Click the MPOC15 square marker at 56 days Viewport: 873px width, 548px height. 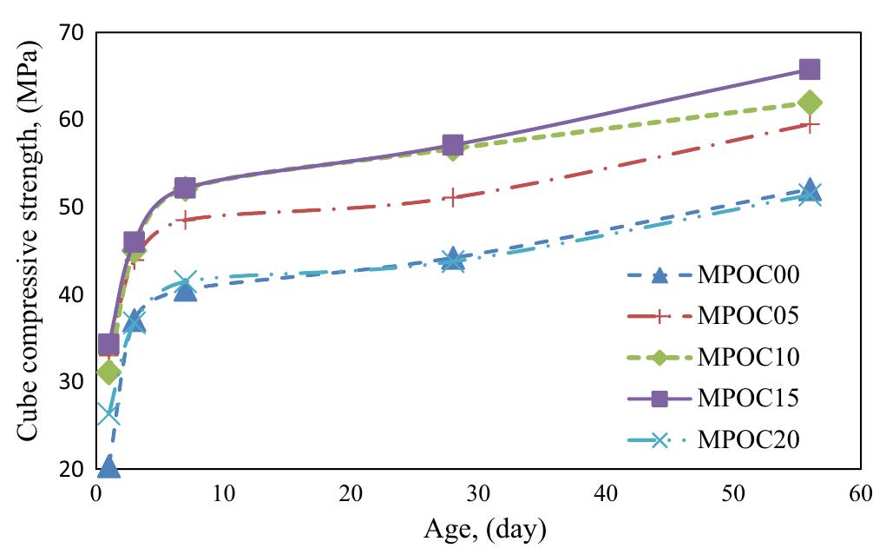809,69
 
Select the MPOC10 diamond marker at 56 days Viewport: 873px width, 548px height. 810,103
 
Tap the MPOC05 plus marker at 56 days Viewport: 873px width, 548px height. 809,125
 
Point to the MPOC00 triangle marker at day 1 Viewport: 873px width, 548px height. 108,466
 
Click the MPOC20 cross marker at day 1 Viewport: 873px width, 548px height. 108,414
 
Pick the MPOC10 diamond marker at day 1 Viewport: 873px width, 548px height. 108,373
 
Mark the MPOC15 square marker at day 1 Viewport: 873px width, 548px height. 108,345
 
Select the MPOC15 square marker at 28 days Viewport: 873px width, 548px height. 452,144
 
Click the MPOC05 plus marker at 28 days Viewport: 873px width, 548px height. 452,197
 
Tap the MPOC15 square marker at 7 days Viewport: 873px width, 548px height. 185,188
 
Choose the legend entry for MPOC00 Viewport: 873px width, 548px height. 747,276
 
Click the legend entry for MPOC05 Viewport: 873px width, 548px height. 747,316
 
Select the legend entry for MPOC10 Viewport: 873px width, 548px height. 747,357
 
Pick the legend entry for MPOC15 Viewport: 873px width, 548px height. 747,398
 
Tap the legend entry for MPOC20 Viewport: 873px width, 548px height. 747,439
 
